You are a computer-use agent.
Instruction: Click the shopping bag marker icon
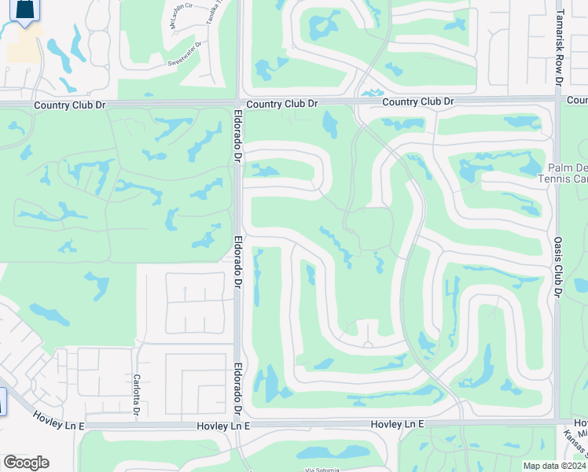pos(26,9)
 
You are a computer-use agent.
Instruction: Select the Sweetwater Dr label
pos(185,63)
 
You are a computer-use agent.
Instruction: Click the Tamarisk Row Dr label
pos(558,47)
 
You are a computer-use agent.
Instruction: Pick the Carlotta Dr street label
pos(136,396)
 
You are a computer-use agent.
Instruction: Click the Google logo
pos(26,463)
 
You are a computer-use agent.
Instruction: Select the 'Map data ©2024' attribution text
pos(554,466)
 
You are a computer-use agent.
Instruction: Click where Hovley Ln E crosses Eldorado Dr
pos(238,425)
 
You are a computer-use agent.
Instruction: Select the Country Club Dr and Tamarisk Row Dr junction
pos(558,101)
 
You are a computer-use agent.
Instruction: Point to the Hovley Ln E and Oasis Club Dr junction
pos(557,423)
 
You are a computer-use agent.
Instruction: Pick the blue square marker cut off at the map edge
pos(2,401)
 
